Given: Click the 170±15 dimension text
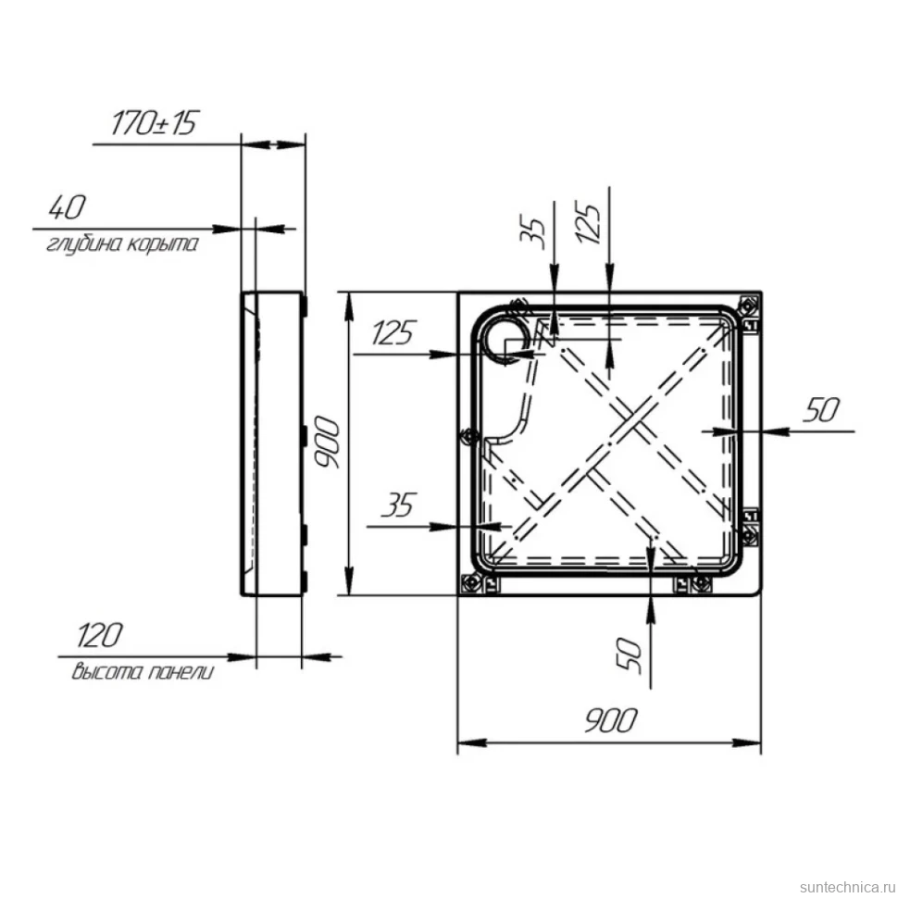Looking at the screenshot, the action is [x=154, y=123].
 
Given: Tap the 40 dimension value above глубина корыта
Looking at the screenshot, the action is [x=68, y=207].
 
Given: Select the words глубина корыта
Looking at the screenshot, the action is [x=122, y=244].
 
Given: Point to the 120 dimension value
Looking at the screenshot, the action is [x=100, y=635].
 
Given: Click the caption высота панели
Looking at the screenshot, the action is [x=143, y=671].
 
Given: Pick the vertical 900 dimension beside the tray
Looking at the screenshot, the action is [x=328, y=443].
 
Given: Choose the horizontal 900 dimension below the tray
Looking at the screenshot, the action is [x=610, y=720].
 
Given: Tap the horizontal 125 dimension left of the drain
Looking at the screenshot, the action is [x=393, y=332].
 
